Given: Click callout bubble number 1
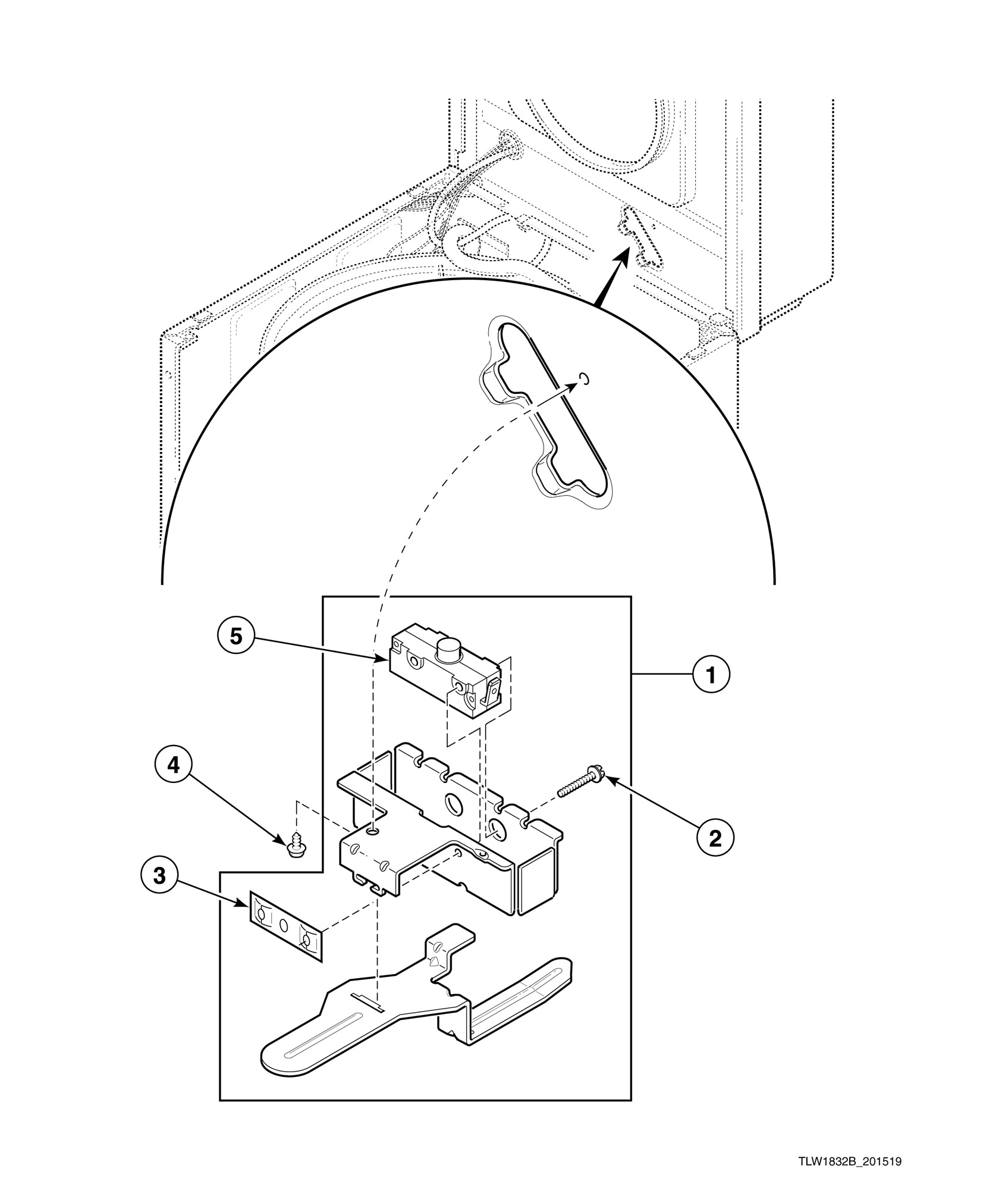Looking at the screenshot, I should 710,674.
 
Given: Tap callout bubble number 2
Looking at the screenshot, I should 715,838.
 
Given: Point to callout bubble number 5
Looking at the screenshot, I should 236,637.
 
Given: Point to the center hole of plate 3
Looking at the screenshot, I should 283,926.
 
